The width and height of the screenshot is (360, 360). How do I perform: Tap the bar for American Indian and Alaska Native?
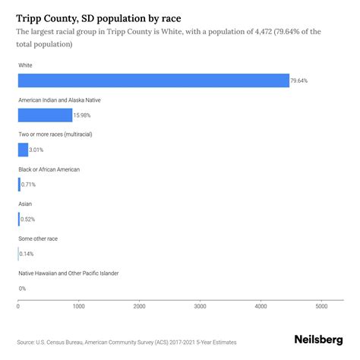(45, 115)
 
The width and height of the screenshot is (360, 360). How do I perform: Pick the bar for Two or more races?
(23, 150)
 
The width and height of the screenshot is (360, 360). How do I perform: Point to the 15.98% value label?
(84, 115)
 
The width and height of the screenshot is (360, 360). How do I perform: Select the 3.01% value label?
(39, 150)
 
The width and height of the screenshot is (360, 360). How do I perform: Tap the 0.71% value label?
(29, 185)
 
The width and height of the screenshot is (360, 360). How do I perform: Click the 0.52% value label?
(28, 219)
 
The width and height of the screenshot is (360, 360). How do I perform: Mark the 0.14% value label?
(27, 254)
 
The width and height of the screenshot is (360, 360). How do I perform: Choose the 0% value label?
(22, 288)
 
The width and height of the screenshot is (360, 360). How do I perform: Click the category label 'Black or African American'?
(49, 169)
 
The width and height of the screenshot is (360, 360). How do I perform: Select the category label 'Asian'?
(25, 204)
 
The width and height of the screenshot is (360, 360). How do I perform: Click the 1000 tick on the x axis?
(79, 307)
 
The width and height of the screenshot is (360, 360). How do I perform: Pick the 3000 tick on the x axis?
(201, 307)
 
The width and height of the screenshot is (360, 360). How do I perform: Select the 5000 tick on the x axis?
(321, 307)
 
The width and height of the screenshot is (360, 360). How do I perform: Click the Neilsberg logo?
(318, 340)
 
